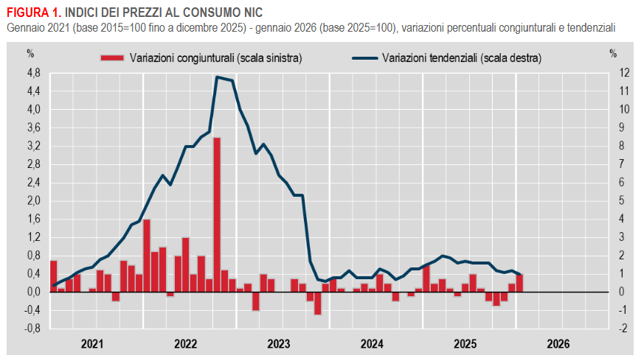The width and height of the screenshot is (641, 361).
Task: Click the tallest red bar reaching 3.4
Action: click(x=217, y=214)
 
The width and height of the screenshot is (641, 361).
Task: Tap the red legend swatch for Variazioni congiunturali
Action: click(x=111, y=57)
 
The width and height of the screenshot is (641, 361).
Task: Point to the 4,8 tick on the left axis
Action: click(x=33, y=73)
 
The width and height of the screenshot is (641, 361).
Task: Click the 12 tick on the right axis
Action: click(x=624, y=73)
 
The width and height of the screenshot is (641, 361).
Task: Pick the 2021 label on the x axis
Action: click(x=92, y=343)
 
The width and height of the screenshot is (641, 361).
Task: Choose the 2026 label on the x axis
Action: click(x=558, y=343)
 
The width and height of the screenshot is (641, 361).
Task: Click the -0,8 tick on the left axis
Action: click(x=32, y=329)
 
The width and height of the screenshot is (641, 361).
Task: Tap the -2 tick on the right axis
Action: click(x=624, y=329)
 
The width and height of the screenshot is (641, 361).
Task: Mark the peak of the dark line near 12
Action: click(x=217, y=77)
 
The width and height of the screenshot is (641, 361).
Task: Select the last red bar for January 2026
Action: click(x=519, y=283)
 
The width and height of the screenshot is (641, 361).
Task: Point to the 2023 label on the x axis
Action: click(x=279, y=343)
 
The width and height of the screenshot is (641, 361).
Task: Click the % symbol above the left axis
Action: click(x=30, y=52)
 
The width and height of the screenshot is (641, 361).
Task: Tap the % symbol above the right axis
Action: click(x=613, y=52)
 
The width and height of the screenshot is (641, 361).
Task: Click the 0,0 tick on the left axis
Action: click(x=33, y=292)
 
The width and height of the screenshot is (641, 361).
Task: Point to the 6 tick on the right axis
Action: click(x=624, y=183)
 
